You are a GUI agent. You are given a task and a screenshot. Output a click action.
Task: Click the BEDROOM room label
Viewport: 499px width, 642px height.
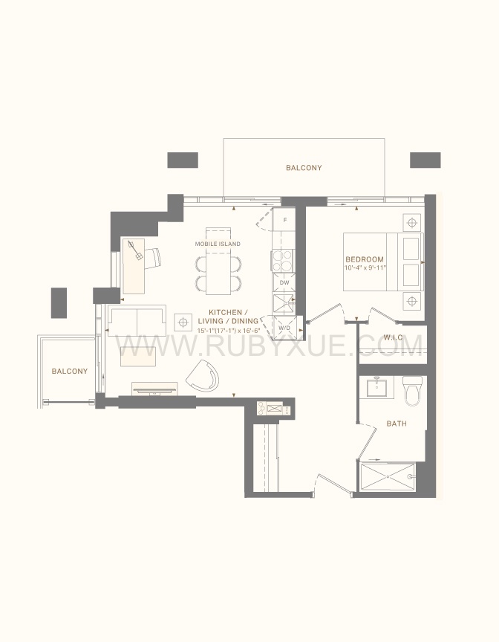tap(365, 259)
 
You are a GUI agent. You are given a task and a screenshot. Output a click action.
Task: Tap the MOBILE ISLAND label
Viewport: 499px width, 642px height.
tap(218, 244)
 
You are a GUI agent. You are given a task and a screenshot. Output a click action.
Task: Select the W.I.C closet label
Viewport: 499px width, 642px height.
tap(393, 337)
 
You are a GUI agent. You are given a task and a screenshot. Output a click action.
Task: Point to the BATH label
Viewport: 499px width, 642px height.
tap(397, 424)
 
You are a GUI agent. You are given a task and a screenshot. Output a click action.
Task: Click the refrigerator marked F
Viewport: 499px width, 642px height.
tap(284, 220)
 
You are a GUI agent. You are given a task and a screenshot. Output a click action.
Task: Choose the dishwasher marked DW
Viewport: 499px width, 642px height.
tap(284, 282)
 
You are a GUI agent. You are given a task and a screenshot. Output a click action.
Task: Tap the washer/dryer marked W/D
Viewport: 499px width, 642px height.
tap(284, 328)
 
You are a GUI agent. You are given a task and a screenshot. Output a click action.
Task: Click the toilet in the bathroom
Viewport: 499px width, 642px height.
tap(412, 390)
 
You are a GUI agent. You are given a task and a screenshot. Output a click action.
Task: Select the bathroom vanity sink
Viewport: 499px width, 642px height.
tap(376, 387)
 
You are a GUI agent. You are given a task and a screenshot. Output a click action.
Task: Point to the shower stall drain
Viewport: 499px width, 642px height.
tap(388, 476)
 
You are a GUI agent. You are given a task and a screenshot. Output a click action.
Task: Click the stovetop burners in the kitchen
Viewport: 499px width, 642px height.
tap(284, 260)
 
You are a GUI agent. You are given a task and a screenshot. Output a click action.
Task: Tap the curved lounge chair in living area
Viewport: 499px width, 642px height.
tap(203, 376)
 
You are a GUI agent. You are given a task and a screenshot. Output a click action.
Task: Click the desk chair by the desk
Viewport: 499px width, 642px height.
tap(152, 259)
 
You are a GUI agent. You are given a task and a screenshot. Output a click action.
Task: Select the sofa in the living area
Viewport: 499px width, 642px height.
tap(136, 320)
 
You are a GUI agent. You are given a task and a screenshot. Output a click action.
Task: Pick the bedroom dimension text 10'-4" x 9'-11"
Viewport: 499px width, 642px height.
tap(365, 267)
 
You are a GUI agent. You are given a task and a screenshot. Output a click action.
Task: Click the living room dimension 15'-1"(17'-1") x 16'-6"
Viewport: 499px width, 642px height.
tap(229, 331)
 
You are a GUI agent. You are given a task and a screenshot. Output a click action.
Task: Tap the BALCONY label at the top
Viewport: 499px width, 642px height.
tap(304, 167)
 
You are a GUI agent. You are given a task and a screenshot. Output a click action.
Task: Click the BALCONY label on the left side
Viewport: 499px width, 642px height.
tap(70, 371)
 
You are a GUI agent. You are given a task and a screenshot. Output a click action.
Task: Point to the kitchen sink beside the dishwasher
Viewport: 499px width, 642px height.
tap(284, 304)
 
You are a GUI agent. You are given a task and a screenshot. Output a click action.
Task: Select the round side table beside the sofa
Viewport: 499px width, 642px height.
tap(183, 322)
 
